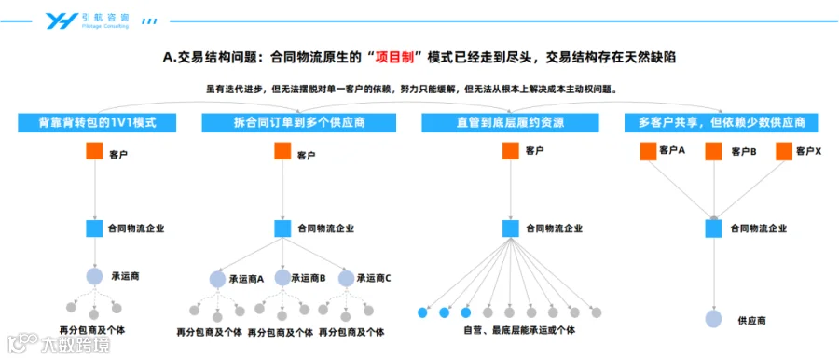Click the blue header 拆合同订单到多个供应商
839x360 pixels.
click(299, 123)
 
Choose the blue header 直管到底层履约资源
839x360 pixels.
click(510, 123)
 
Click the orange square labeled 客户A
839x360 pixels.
click(648, 152)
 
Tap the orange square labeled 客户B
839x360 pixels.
click(713, 152)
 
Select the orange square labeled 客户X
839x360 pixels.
click(784, 152)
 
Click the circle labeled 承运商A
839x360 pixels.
click(217, 279)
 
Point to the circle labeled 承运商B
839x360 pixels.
click(282, 278)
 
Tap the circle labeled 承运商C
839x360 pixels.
click(347, 279)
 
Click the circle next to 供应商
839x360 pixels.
click(713, 319)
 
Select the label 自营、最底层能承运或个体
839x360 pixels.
click(519, 330)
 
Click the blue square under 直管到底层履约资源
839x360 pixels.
click(511, 228)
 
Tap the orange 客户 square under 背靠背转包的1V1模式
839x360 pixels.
click(95, 151)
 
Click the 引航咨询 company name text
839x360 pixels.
click(105, 17)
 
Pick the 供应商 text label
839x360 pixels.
click(751, 321)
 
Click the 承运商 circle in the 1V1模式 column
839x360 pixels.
click(95, 276)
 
